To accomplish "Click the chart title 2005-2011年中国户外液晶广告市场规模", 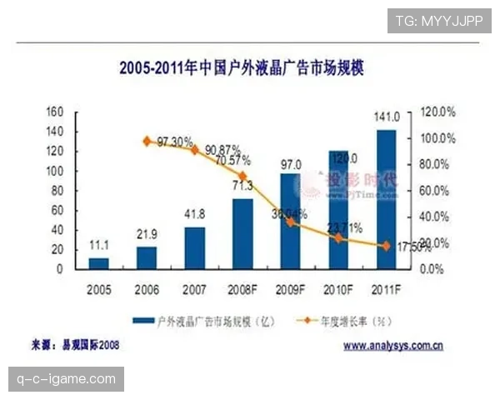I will [241, 67].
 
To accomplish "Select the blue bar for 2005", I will [98, 263].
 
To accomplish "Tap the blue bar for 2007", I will [194, 247].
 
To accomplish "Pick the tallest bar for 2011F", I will [386, 199].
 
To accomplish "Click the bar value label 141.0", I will [389, 117].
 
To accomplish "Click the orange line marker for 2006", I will [147, 142].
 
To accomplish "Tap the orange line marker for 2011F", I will [386, 246].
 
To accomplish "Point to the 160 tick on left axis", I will [55, 112].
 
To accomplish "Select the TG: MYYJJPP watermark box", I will [439, 20].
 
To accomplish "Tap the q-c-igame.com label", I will [66, 379].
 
